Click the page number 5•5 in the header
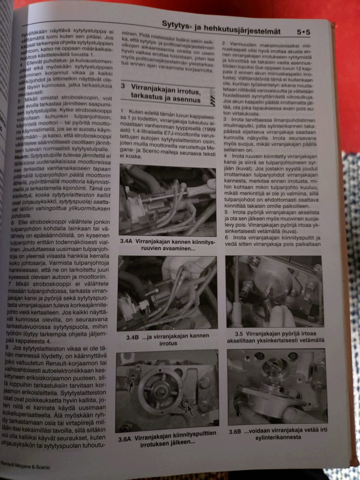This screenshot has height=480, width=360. [x=303, y=33]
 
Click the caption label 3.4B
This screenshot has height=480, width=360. [x=132, y=337]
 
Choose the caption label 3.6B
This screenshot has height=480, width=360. [x=235, y=431]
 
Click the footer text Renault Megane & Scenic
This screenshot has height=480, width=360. [x=25, y=468]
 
